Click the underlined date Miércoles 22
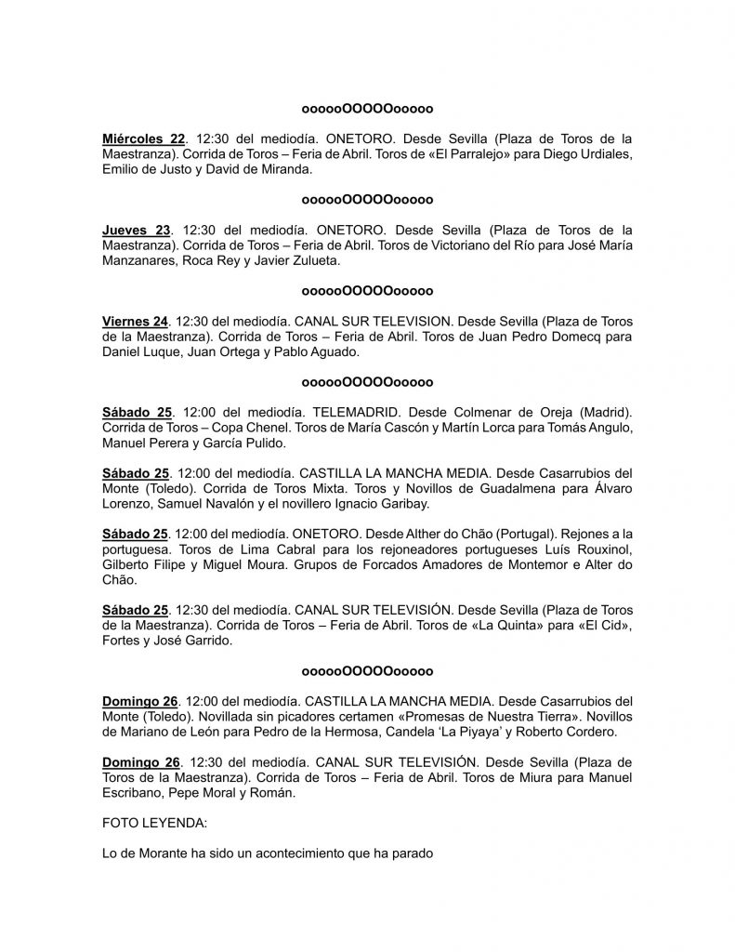point(137,139)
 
